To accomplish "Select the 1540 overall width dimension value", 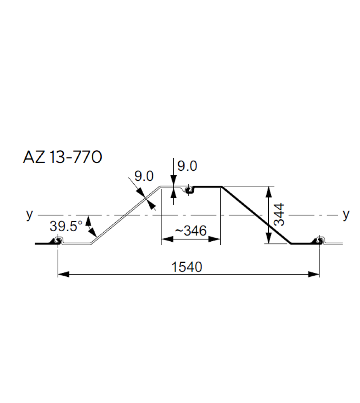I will [x=187, y=267].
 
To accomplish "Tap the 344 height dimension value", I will [x=279, y=215].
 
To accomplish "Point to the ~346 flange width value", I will [x=190, y=231].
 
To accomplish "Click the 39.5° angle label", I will [x=66, y=226].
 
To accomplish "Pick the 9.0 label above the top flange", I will [x=187, y=166].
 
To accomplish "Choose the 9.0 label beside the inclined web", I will [x=144, y=176].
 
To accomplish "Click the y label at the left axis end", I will [x=29, y=215].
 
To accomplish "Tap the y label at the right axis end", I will [x=346, y=215].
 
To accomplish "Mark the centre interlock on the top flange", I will [x=190, y=189].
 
